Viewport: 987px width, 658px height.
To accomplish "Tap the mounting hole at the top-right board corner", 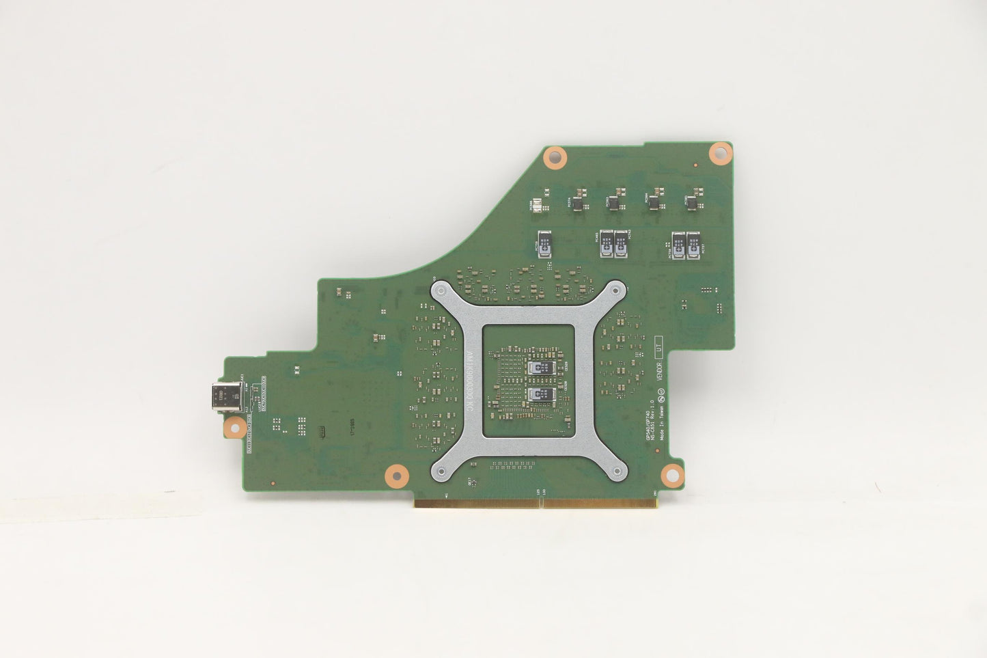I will pos(720,152).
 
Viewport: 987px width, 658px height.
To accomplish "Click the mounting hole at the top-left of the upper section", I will pos(555,158).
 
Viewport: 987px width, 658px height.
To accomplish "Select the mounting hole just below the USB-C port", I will pos(235,428).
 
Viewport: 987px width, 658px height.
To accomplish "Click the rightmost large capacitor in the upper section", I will pos(694,245).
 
